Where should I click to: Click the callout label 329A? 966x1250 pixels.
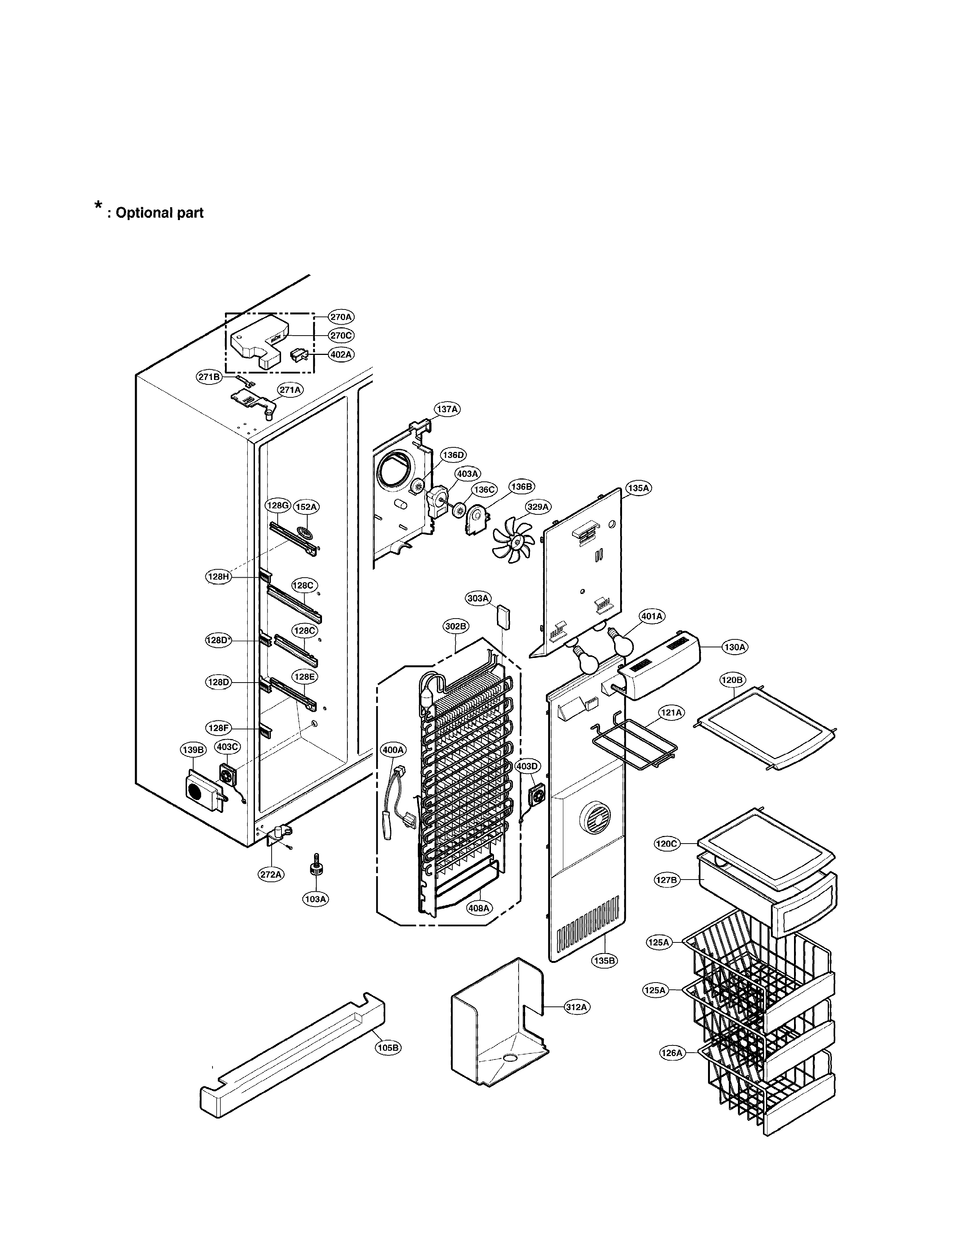(538, 506)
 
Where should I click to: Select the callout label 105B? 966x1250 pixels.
(388, 1047)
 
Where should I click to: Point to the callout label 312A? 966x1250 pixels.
(576, 1007)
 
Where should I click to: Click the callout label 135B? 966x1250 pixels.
(604, 960)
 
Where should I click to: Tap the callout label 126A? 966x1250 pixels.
(672, 1053)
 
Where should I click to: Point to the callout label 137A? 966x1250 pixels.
(447, 409)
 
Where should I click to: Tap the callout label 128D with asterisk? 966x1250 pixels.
(219, 641)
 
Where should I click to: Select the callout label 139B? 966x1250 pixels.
(193, 750)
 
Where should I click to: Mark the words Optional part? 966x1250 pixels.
(159, 213)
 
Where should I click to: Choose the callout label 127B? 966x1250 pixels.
(666, 880)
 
